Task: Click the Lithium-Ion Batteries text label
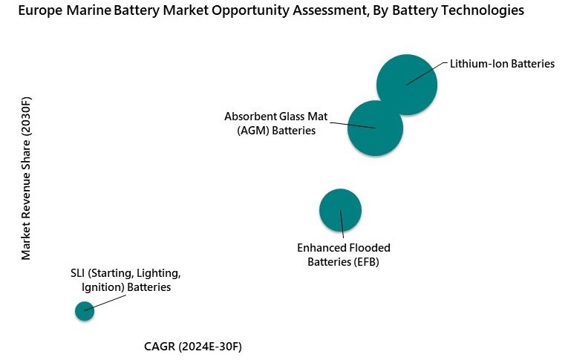click(x=502, y=64)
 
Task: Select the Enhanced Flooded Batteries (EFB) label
click(x=343, y=255)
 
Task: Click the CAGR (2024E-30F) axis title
click(x=193, y=347)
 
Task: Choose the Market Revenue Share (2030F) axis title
click(x=27, y=178)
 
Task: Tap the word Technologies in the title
click(x=484, y=11)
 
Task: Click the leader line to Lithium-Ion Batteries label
click(x=427, y=73)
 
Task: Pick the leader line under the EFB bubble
click(x=342, y=226)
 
